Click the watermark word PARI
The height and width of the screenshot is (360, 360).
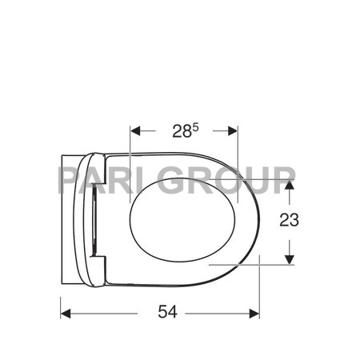pos(101,180)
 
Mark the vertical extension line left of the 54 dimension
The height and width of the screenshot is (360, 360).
pos(61,300)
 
